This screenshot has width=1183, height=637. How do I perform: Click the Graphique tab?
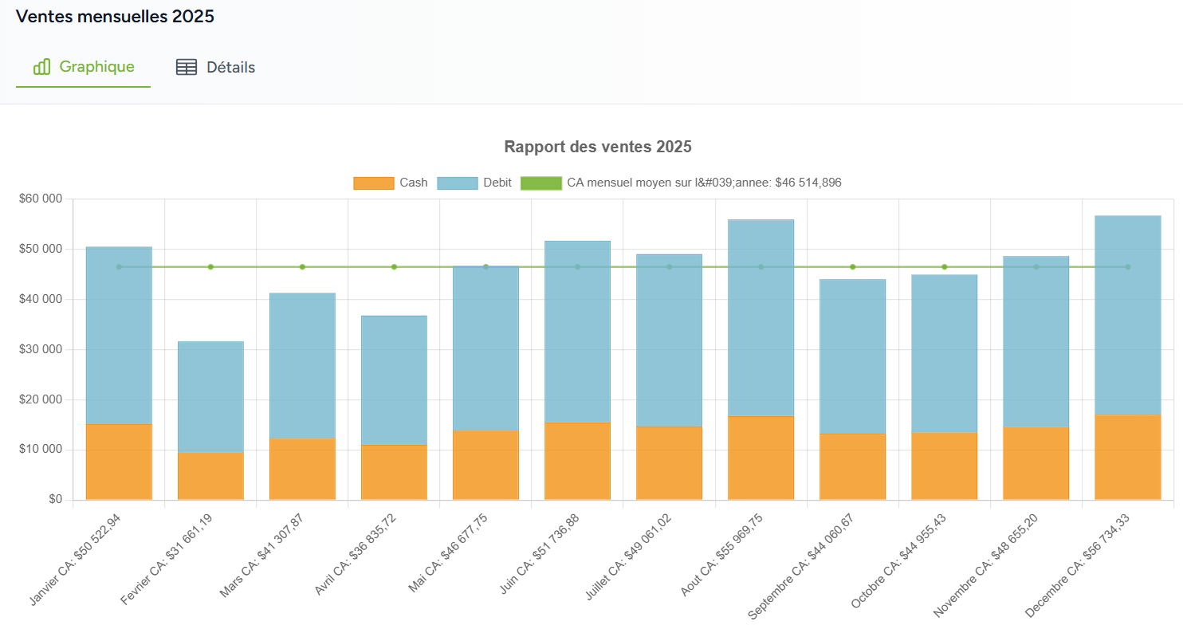(84, 67)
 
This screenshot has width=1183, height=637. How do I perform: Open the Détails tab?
(215, 68)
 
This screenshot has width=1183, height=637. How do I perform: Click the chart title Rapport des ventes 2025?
(597, 147)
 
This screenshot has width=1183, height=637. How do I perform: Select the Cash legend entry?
(391, 183)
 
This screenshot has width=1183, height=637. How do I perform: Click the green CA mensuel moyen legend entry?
(682, 183)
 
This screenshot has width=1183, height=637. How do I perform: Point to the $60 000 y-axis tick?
(40, 199)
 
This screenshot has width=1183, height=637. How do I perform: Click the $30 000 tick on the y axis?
(40, 349)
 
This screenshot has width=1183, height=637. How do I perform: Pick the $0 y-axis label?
(55, 500)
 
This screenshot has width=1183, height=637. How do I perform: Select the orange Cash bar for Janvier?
(119, 462)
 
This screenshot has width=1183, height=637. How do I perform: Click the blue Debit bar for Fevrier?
(210, 397)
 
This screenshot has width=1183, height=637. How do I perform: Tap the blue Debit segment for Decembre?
(1127, 315)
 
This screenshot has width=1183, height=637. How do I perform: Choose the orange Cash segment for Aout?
(760, 458)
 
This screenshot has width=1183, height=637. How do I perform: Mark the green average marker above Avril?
(394, 267)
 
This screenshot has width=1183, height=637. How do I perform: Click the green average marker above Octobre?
(944, 267)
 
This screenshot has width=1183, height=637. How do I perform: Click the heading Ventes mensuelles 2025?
(115, 17)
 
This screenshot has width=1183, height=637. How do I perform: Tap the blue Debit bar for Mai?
(485, 348)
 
